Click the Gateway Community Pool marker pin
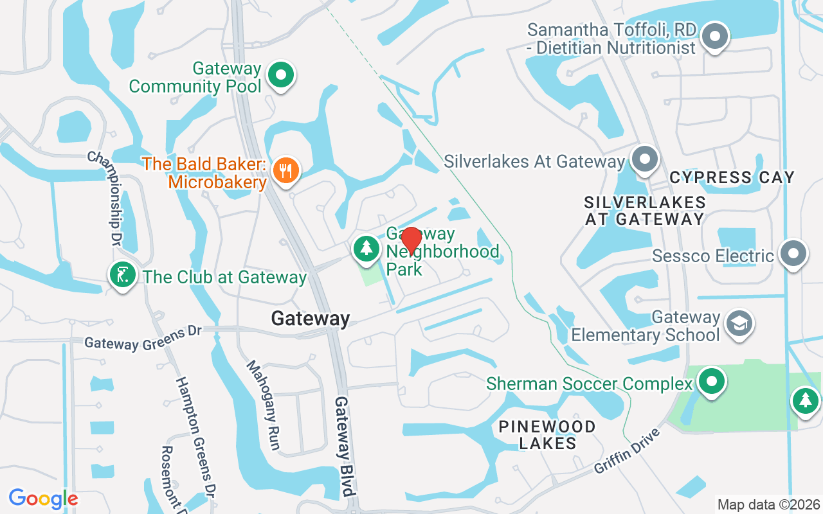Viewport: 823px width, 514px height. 280,76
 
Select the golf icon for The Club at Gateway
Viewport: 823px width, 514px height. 122,276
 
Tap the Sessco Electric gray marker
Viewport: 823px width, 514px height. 793,254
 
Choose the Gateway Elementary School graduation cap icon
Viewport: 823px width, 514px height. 739,324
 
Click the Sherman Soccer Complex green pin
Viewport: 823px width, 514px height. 711,382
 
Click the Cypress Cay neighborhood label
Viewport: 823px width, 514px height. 732,177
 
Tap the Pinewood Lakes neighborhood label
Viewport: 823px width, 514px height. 547,435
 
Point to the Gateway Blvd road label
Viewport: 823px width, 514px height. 345,447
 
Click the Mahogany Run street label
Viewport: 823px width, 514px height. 264,405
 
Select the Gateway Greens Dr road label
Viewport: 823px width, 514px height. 143,338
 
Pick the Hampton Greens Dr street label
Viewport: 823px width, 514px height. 196,437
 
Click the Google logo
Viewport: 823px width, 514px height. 43,499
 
